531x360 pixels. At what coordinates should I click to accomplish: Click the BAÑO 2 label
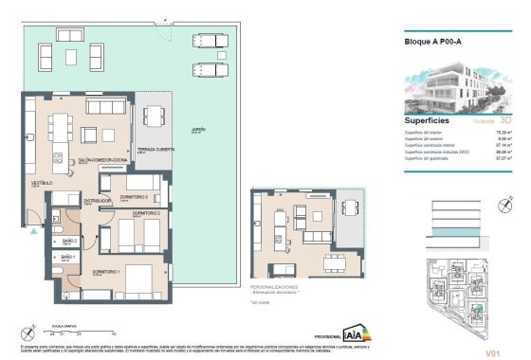pyautogui.click(x=68, y=242)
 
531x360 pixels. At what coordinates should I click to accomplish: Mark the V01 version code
pyautogui.click(x=492, y=352)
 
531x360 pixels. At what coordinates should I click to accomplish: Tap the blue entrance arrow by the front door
pyautogui.click(x=34, y=230)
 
